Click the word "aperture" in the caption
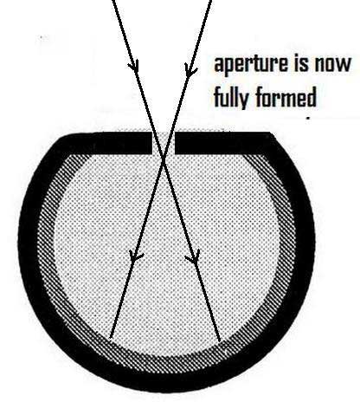tap(251, 65)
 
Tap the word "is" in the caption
tap(301, 63)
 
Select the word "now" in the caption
tap(333, 66)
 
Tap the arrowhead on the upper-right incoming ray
tap(190, 68)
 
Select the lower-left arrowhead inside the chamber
tap(135, 256)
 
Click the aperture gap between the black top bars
tap(164, 143)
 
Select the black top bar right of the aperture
tap(223, 143)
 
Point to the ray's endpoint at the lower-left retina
tap(111, 337)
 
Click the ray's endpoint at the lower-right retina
tap(220, 340)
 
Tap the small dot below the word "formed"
tap(309, 118)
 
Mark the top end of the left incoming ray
tap(112, 1)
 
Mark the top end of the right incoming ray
tap(211, 1)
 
